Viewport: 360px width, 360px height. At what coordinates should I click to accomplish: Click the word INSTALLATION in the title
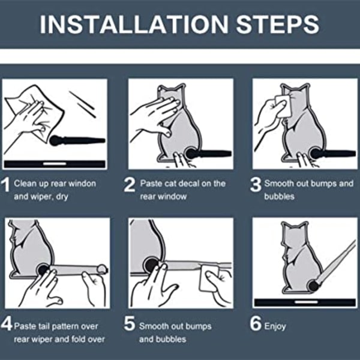[134, 25]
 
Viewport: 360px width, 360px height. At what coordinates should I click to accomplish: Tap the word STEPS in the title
[278, 25]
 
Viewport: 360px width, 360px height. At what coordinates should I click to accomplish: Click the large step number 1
[5, 185]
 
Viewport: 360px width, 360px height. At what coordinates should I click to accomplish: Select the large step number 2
[130, 185]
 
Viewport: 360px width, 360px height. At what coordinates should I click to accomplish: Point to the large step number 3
[256, 185]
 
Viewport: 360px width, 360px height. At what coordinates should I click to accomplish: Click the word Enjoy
[275, 326]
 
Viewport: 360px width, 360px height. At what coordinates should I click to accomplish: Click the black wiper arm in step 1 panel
[77, 140]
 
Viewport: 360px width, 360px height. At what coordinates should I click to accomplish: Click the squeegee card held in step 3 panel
[283, 106]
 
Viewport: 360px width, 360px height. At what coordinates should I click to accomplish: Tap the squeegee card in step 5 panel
[209, 278]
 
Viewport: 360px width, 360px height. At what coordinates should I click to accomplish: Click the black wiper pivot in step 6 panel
[314, 286]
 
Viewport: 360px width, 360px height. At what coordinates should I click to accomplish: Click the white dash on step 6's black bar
[306, 302]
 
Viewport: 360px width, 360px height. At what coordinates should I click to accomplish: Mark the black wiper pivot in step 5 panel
[151, 265]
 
